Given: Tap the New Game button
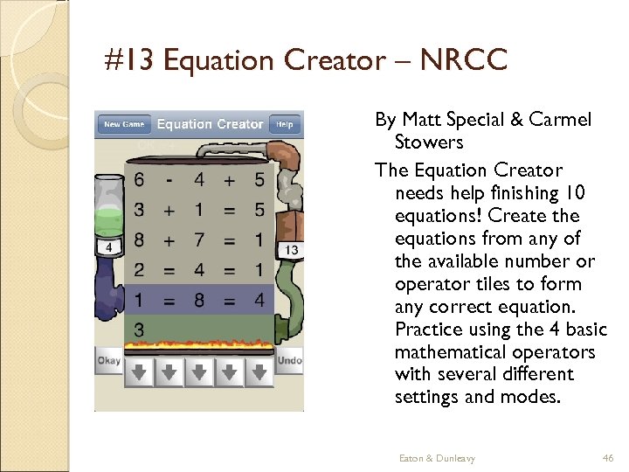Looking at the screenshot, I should pyautogui.click(x=124, y=124).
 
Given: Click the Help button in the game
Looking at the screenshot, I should pyautogui.click(x=285, y=124).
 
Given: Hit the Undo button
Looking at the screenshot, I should pyautogui.click(x=289, y=360).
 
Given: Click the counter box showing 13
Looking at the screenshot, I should pyautogui.click(x=291, y=251).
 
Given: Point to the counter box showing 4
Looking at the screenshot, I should pyautogui.click(x=108, y=247).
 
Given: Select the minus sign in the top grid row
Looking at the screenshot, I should pyautogui.click(x=169, y=180).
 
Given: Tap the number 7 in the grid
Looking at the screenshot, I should pyautogui.click(x=199, y=239).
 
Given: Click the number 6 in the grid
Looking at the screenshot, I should pyautogui.click(x=140, y=180).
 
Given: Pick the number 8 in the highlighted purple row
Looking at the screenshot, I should pyautogui.click(x=199, y=299).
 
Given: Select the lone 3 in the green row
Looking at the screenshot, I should pyautogui.click(x=140, y=329).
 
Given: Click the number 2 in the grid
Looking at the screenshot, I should pyautogui.click(x=140, y=269).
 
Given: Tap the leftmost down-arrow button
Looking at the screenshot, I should pyautogui.click(x=140, y=371).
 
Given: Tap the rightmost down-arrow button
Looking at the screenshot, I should pyautogui.click(x=259, y=371).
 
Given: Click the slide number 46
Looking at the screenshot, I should pyautogui.click(x=608, y=458).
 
